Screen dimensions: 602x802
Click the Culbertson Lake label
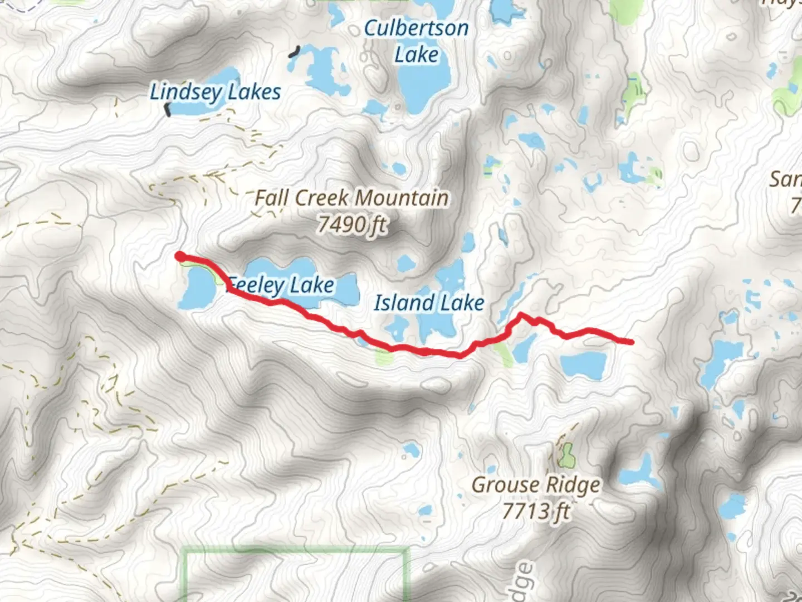tap(416, 41)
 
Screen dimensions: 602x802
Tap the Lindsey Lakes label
tap(215, 92)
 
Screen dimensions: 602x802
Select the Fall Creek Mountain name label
tap(351, 198)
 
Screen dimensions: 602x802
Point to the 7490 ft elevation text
tap(352, 225)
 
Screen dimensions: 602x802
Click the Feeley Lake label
tap(282, 285)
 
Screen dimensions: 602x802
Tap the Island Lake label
tap(429, 303)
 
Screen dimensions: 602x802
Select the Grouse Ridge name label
tap(536, 485)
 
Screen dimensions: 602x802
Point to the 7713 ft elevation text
tap(536, 511)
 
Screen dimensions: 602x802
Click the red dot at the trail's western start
tap(180, 256)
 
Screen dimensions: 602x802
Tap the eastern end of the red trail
tap(630, 342)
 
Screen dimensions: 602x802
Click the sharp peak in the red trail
tap(521, 315)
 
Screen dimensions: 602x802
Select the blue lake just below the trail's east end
tap(583, 365)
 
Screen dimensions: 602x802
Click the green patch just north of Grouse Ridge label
tap(566, 456)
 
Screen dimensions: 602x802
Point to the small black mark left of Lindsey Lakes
tap(167, 109)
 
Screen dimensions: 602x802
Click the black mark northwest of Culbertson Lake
tap(294, 52)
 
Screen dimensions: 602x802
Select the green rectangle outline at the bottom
tap(295, 552)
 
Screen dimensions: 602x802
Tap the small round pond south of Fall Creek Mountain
tap(405, 263)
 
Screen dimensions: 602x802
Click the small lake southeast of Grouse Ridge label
tap(638, 474)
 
